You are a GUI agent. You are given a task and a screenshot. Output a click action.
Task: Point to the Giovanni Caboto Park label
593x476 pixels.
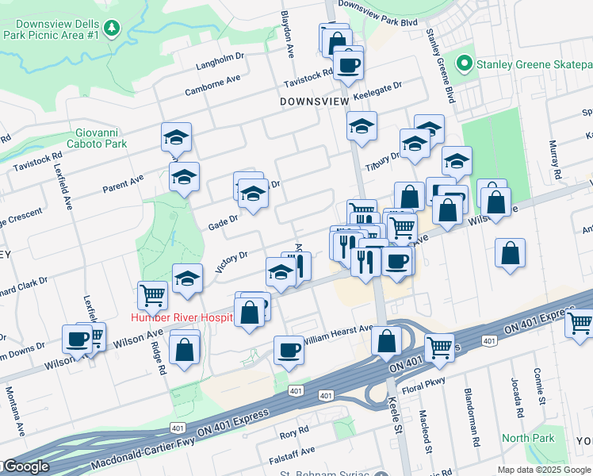coord(101,139)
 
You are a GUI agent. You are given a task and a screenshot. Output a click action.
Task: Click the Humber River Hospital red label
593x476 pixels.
coord(182,317)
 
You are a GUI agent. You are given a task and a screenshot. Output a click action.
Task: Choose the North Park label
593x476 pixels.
coord(528,438)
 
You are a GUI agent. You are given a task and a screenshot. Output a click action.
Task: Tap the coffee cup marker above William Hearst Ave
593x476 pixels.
coord(289,350)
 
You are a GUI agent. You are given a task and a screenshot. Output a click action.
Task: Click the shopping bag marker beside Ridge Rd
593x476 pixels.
coord(185,348)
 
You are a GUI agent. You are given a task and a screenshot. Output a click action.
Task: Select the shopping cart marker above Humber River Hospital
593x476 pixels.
coord(152,295)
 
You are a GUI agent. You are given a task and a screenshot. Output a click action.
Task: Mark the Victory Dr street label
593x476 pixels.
coord(231,262)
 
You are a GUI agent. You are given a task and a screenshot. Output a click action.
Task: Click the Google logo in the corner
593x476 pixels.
coord(25,467)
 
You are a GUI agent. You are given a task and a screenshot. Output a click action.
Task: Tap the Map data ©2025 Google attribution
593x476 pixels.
coord(543,470)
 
